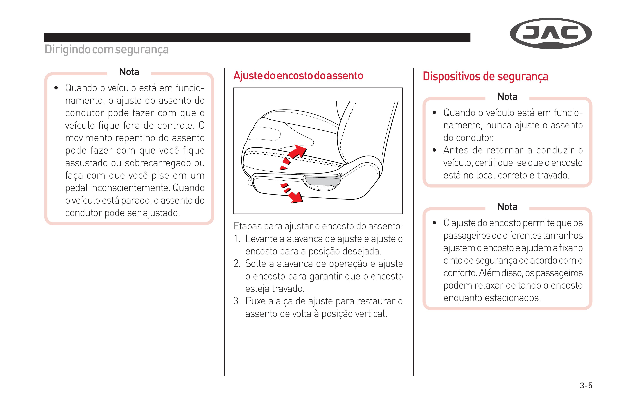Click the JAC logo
551,33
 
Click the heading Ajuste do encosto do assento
298,76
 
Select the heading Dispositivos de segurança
485,77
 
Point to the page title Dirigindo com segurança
107,49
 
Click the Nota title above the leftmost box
129,72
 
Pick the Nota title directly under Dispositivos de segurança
507,97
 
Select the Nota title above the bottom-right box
507,207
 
